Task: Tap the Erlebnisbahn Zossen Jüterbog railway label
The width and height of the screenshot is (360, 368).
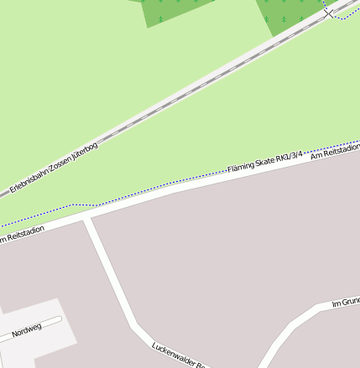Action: (54, 168)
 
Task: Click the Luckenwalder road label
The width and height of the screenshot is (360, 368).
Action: (178, 356)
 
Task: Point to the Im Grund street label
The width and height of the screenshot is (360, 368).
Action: (345, 302)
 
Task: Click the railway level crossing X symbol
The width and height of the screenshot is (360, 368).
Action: (328, 13)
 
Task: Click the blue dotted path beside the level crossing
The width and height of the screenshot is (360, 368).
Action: (344, 18)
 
